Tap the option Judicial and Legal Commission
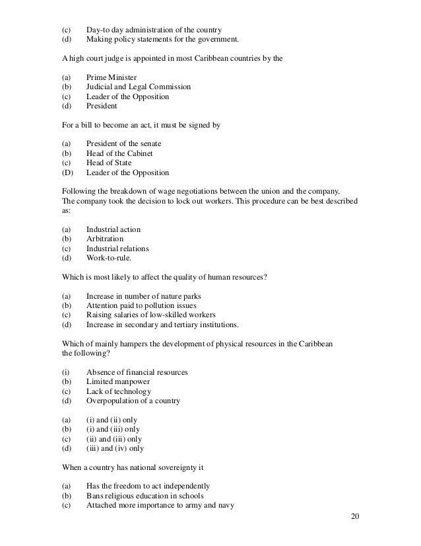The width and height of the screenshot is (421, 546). click(x=139, y=87)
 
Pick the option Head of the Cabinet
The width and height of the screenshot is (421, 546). click(x=119, y=153)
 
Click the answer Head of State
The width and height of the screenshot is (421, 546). click(x=108, y=163)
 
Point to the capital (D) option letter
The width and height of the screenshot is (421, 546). click(x=65, y=173)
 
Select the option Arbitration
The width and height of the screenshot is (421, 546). click(x=104, y=239)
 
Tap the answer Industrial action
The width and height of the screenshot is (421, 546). click(x=113, y=229)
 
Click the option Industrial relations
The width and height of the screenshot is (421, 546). click(x=117, y=249)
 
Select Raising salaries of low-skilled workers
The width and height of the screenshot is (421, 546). click(x=151, y=315)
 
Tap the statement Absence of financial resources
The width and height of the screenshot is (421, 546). click(x=137, y=372)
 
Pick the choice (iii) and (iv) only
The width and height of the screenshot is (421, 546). click(x=115, y=449)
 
